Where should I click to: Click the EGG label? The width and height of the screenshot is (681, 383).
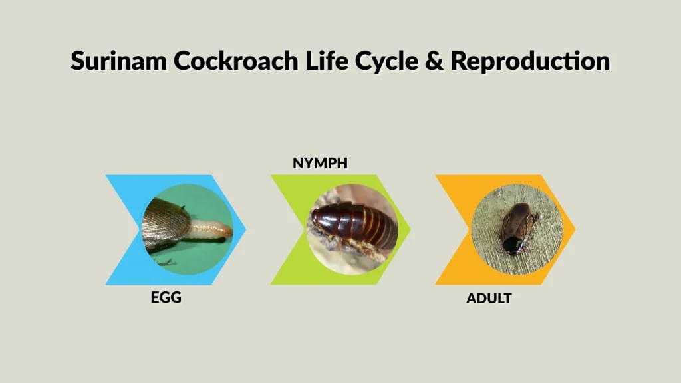(x=166, y=297)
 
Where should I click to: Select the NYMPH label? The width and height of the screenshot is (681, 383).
(x=321, y=163)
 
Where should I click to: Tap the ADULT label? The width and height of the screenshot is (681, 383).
(x=489, y=299)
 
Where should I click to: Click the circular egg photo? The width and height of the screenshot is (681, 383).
(x=188, y=229)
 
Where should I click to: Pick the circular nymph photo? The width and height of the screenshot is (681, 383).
(x=352, y=229)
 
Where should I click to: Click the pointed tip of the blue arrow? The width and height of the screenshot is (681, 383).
(x=245, y=229)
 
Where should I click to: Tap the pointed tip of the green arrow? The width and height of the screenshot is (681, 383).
(x=410, y=229)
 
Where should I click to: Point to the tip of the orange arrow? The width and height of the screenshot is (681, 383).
(x=575, y=229)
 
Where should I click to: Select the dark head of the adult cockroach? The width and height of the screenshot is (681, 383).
(x=508, y=246)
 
